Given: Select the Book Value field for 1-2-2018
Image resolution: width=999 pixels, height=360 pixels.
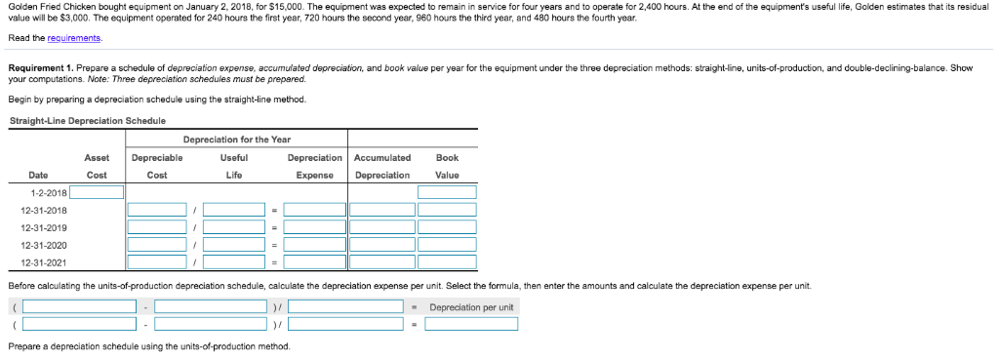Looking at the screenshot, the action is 447,192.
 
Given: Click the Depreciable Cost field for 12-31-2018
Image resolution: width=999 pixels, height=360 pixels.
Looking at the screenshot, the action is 156,210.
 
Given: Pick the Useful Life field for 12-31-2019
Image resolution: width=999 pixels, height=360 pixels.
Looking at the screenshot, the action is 233,227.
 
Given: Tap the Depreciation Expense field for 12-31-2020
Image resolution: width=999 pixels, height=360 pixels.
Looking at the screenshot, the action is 314,245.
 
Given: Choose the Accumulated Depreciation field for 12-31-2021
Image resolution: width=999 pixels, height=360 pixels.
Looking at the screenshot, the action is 381,262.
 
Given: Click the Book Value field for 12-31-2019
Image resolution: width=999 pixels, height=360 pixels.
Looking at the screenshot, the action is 447,227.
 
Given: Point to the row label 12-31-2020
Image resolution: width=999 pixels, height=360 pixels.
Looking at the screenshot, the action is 44,245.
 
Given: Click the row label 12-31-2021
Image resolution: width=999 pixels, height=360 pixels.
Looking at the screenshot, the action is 44,262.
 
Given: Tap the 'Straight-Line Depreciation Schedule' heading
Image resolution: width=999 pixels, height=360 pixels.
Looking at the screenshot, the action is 87,120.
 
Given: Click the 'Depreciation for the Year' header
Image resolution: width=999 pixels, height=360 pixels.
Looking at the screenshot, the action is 236,139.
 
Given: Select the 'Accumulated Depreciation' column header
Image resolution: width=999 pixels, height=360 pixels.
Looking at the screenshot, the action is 382,166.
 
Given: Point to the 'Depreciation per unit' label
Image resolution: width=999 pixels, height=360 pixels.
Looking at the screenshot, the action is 470,307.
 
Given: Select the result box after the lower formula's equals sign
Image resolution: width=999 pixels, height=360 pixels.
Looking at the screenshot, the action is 470,325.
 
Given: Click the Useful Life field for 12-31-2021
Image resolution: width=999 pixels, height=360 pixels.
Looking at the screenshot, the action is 233,262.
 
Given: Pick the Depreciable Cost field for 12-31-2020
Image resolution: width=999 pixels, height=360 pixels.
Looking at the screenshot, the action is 156,245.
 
